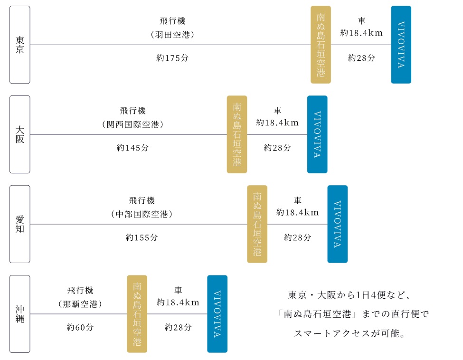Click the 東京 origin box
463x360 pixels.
pos(19,45)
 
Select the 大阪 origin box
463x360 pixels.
pos(19,134)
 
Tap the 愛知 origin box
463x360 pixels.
pos(19,224)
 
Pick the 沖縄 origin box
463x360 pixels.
pos(19,314)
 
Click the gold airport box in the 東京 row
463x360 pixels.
pos(321,45)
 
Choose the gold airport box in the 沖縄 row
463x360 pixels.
pos(137,314)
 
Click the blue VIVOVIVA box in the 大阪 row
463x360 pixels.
pos(317,134)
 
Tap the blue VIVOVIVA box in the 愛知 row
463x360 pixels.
pos(337,224)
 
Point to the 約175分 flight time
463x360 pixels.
pos(172,58)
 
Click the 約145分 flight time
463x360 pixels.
pos(133,148)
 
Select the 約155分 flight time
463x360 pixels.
pos(142,237)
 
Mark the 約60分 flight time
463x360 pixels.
pos(80,327)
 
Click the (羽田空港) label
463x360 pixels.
pos(172,35)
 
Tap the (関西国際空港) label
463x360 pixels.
pos(133,125)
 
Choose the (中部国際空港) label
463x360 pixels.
pos(142,215)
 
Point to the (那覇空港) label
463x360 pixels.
pos(80,304)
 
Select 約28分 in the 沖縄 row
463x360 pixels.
pos(178,327)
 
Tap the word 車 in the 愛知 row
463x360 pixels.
pos(298,200)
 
